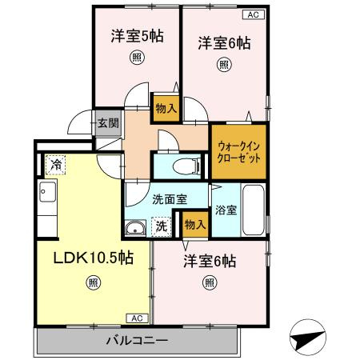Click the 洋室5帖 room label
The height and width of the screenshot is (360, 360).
(137, 35)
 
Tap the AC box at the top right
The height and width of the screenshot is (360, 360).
(251, 13)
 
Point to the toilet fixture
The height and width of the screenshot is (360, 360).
(183, 166)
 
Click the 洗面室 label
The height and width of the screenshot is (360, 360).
(166, 199)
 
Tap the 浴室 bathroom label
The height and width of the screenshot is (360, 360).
(225, 210)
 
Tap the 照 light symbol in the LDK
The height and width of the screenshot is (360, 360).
(94, 282)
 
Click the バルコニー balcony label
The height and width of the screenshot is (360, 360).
(137, 342)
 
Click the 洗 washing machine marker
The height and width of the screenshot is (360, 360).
(162, 226)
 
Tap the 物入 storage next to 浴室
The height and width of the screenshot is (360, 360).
(194, 224)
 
